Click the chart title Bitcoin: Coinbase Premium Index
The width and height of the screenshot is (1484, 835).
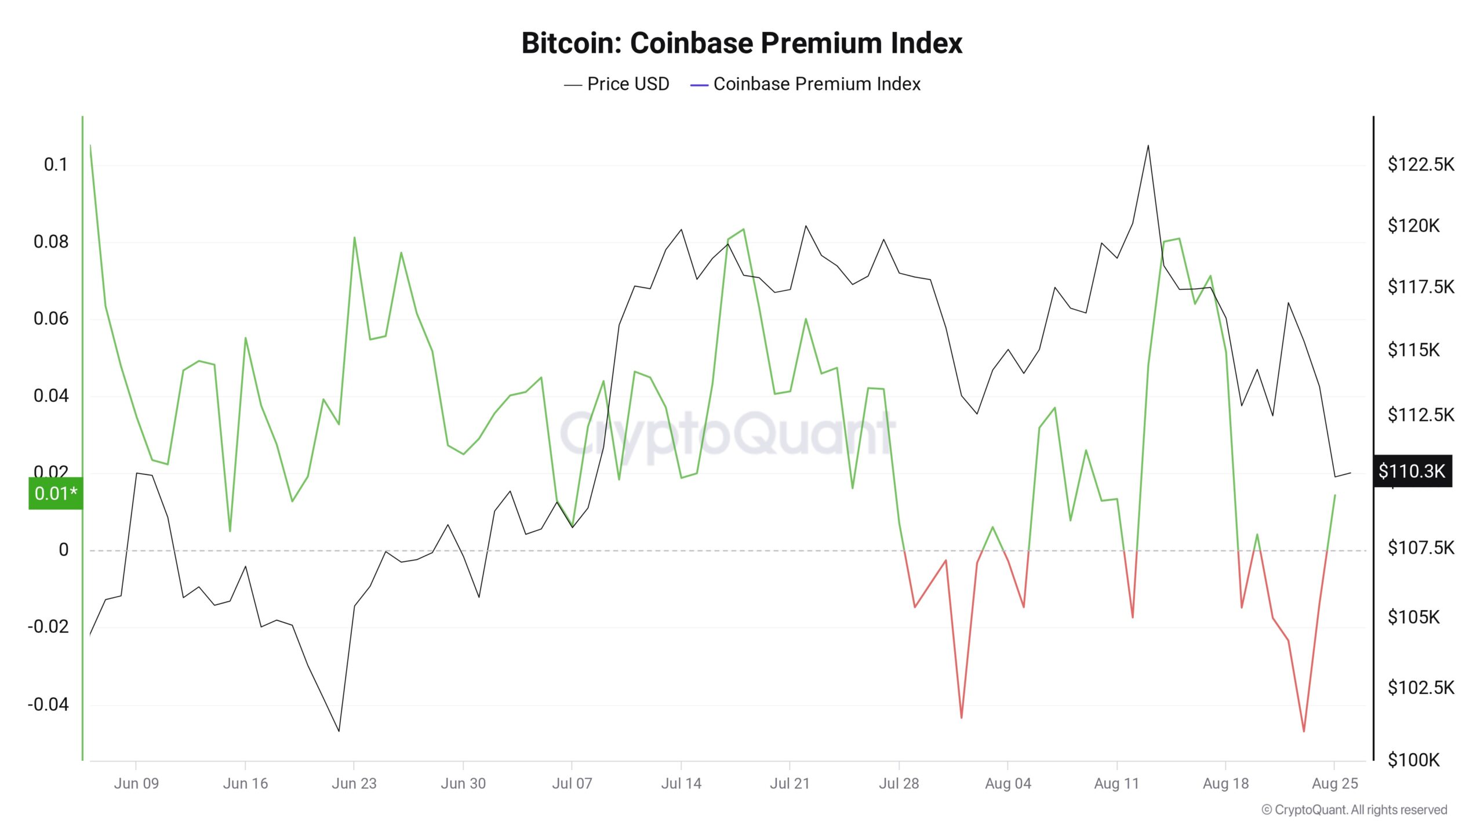click(741, 43)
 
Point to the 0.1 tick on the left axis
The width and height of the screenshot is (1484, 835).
click(56, 165)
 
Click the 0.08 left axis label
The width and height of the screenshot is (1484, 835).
click(51, 242)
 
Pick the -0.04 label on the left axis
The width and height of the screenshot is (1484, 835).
click(48, 705)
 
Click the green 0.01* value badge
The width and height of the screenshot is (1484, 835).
click(56, 493)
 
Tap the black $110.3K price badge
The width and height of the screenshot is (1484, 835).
click(1412, 471)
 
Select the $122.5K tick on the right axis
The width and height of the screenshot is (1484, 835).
click(1421, 165)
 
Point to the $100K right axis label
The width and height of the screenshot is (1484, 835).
click(1413, 760)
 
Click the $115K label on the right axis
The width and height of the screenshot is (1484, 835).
click(1413, 350)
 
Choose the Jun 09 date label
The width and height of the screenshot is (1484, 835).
click(136, 783)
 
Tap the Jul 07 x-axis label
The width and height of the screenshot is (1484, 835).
click(572, 783)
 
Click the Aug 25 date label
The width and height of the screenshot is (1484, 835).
click(1334, 783)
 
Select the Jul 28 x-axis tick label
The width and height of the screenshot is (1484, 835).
click(899, 783)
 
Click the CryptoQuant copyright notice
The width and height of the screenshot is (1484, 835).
click(1354, 810)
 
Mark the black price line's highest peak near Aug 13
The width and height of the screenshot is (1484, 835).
click(1148, 146)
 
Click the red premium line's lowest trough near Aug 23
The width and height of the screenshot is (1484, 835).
click(1304, 731)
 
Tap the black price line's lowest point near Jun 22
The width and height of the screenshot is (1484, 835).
click(339, 731)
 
